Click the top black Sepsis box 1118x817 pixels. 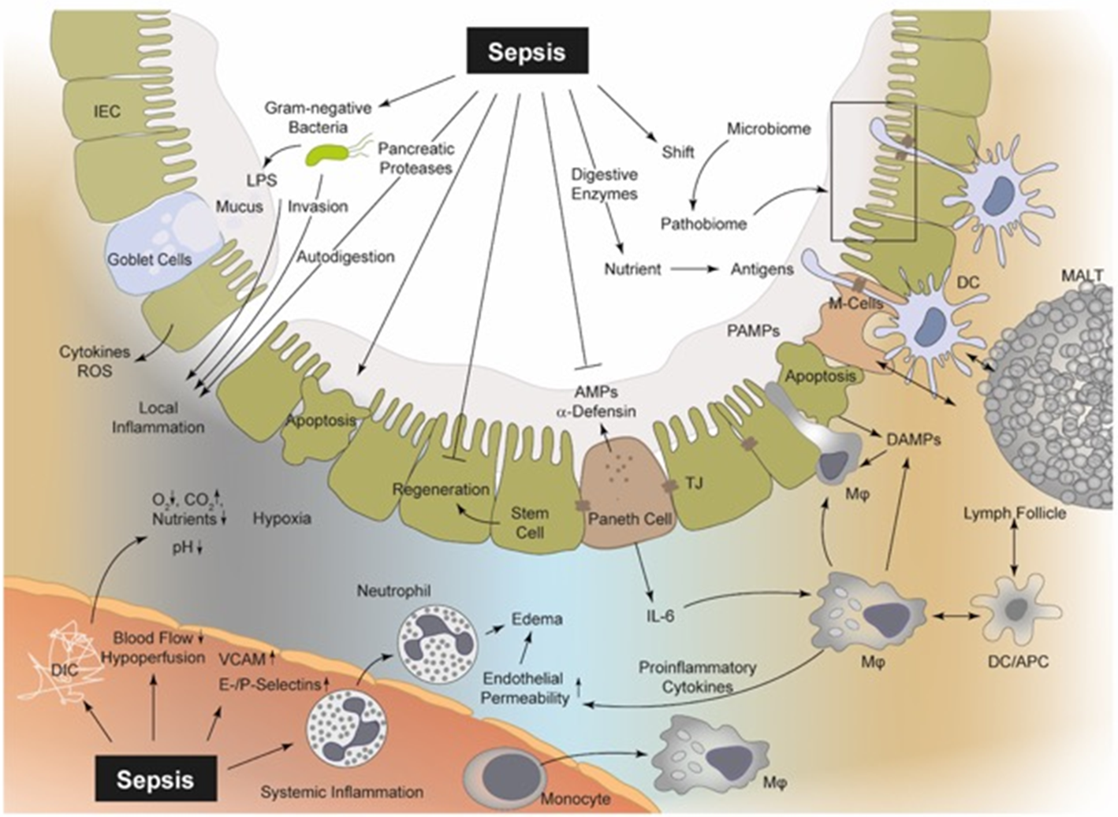[527, 52]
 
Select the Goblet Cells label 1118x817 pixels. [150, 258]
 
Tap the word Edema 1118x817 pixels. [538, 618]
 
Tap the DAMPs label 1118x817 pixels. [914, 440]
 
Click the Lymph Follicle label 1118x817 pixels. [1015, 514]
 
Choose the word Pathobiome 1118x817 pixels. [703, 224]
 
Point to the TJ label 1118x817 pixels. [694, 483]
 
